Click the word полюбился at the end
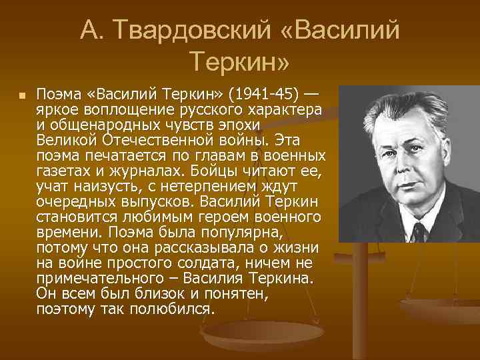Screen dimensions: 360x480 (176, 309)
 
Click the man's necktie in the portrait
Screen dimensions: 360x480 (418, 233)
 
